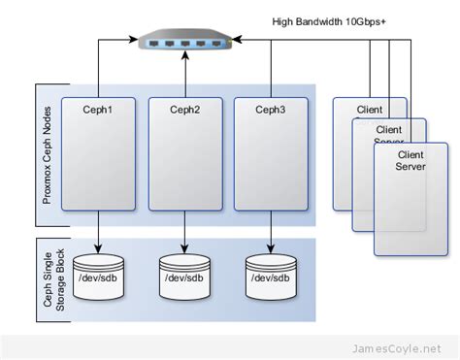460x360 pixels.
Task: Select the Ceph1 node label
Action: tap(98, 111)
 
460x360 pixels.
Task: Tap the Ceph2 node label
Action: tap(184, 111)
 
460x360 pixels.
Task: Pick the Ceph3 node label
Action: tap(271, 111)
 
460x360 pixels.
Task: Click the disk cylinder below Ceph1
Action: tap(98, 276)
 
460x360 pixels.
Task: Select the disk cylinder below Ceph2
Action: tap(184, 276)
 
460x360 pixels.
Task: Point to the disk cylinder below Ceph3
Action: tap(271, 276)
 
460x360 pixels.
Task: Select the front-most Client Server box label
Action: tap(411, 160)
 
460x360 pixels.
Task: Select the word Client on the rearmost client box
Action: tap(369, 110)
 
